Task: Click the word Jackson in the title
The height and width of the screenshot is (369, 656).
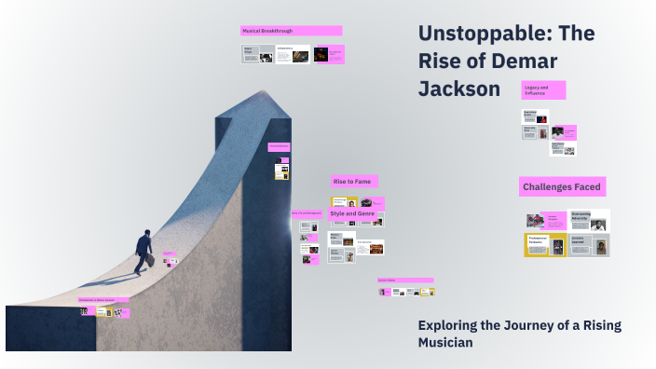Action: tap(458, 89)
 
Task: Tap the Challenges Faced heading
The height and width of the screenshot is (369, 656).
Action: tap(562, 187)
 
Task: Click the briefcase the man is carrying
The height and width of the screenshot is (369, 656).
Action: tap(149, 261)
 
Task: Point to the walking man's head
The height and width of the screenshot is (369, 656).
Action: tap(146, 233)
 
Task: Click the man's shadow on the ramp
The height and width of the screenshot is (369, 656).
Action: tap(116, 278)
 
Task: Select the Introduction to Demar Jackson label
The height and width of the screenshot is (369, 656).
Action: tap(103, 300)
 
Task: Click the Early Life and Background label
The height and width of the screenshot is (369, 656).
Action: tap(307, 214)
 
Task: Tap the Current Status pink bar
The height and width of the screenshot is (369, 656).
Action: tap(405, 280)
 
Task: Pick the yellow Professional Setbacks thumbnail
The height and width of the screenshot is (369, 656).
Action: tap(544, 244)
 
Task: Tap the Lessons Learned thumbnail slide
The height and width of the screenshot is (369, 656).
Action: tap(589, 244)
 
